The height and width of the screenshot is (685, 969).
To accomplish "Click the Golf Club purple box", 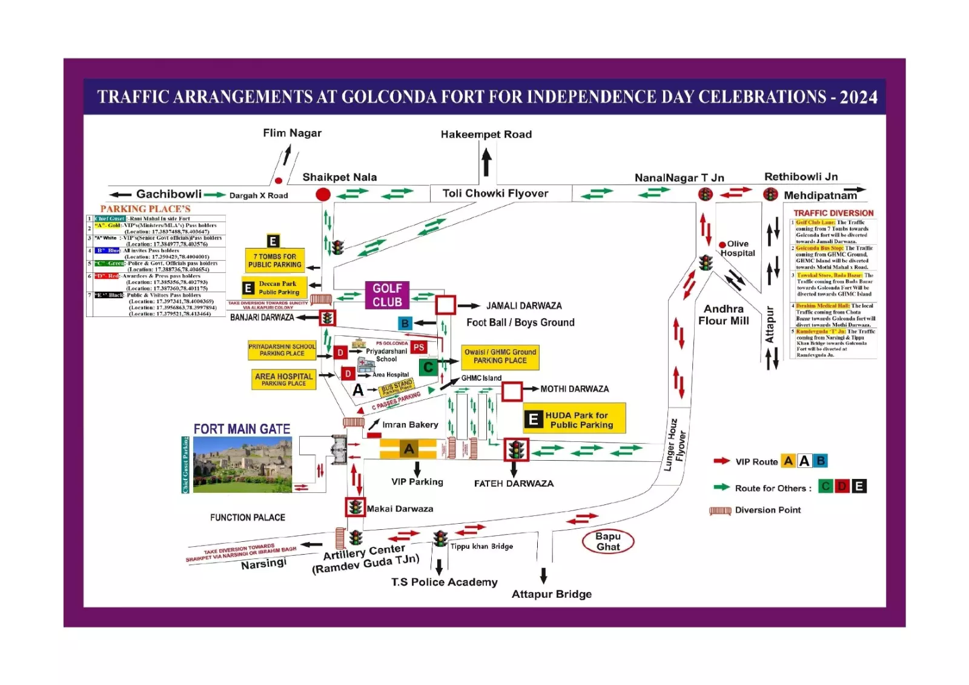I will click(x=387, y=295).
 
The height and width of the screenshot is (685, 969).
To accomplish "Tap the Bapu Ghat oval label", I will click(x=607, y=541).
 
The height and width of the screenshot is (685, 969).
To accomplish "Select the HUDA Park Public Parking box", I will click(x=574, y=419).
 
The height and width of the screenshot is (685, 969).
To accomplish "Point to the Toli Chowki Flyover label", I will click(x=495, y=193).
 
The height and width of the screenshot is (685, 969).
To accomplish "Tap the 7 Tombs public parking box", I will click(x=274, y=261).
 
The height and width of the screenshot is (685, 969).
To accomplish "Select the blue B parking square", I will click(x=405, y=323).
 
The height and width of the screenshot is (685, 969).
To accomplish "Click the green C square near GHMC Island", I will click(x=428, y=367).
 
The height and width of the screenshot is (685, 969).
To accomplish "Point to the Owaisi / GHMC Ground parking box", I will click(x=500, y=356).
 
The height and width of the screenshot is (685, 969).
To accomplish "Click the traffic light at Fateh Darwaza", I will click(x=517, y=450).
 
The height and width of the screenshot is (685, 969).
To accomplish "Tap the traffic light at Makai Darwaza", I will click(x=355, y=507).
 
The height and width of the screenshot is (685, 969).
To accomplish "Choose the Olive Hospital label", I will click(x=738, y=249).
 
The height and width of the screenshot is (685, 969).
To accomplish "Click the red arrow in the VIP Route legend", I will click(x=721, y=461).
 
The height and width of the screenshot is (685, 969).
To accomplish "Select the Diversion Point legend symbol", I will click(x=720, y=511).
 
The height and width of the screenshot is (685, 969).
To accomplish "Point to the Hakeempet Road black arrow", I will click(x=486, y=162).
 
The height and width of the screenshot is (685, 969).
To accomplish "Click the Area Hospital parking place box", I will click(x=283, y=379).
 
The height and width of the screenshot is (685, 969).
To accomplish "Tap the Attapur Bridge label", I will click(x=551, y=594).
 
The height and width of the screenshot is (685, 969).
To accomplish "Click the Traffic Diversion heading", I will click(x=833, y=213).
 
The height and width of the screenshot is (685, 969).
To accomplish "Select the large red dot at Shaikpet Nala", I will click(x=323, y=195).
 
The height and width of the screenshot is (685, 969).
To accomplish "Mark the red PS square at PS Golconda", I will click(x=418, y=347).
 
